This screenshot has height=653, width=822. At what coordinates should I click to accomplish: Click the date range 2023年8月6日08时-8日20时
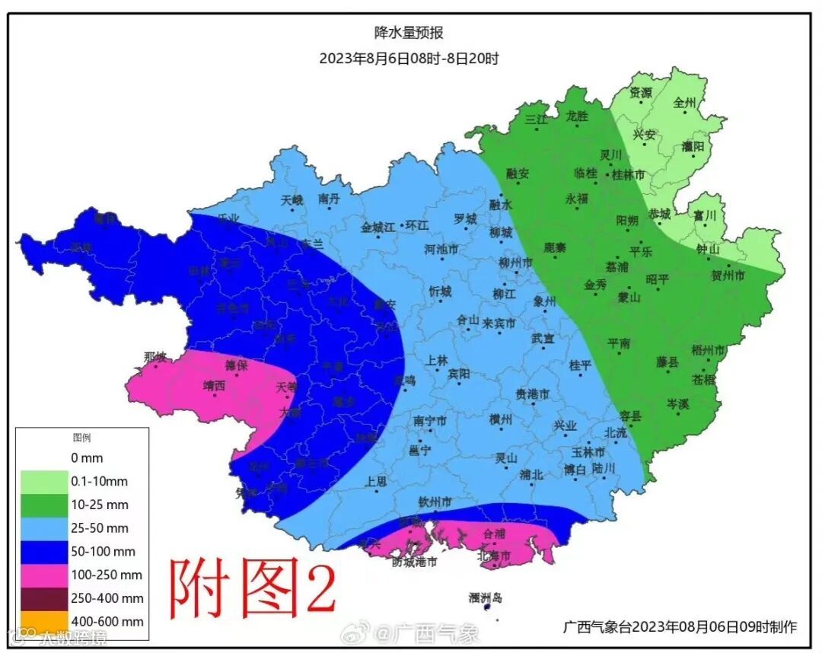click(409, 58)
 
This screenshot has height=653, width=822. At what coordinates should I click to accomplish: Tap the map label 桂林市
click(629, 174)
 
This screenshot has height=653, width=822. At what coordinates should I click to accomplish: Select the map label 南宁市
click(430, 421)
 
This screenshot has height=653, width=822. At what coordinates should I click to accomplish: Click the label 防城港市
click(415, 562)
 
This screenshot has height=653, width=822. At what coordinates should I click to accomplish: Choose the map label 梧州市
click(708, 350)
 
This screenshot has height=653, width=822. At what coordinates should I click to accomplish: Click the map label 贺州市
click(728, 275)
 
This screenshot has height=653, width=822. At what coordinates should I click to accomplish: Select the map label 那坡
click(155, 356)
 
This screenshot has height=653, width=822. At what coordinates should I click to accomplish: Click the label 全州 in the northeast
click(685, 101)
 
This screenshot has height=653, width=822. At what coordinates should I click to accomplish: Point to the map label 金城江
click(378, 226)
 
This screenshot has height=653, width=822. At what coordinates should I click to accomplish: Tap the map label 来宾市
click(499, 323)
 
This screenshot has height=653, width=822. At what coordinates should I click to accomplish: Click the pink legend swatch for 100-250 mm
click(44, 575)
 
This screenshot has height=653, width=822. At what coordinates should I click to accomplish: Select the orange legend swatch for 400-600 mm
click(44, 621)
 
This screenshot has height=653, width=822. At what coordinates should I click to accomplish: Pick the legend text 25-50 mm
click(100, 528)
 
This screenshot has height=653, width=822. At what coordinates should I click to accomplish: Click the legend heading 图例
click(81, 438)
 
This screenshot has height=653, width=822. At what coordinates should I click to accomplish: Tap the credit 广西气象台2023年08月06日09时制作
click(680, 627)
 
